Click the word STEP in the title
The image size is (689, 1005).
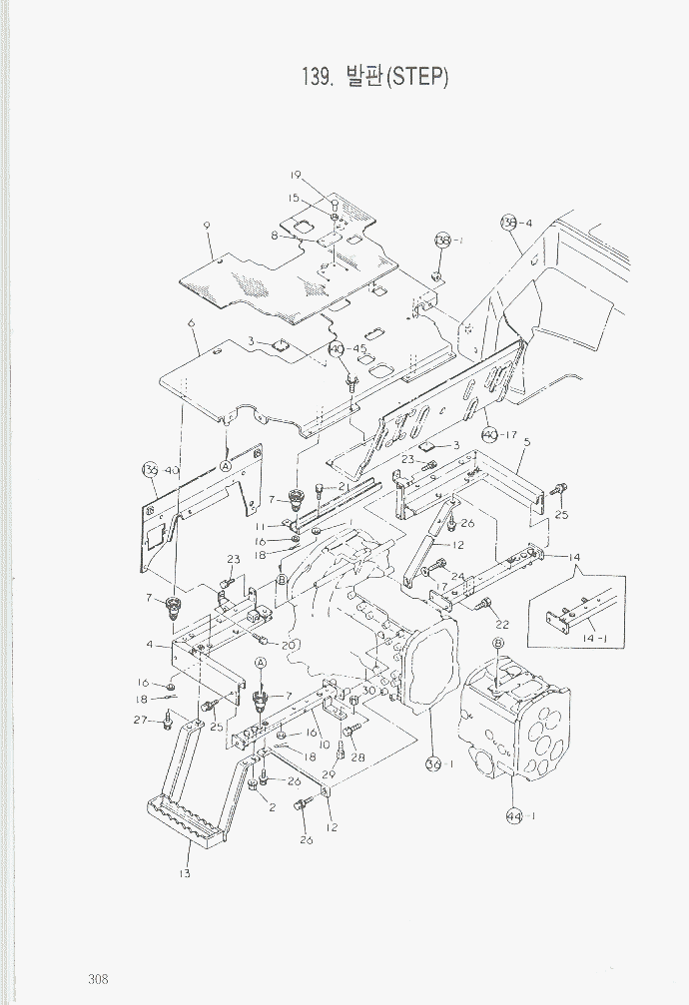click(414, 77)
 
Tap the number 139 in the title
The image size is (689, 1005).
click(317, 77)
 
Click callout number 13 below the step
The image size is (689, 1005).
click(185, 874)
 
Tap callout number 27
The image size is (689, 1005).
click(140, 719)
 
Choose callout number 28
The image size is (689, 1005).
click(357, 756)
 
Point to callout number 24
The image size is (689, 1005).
click(457, 577)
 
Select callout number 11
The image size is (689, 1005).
click(260, 526)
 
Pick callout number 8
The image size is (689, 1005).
click(274, 236)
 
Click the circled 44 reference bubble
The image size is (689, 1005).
click(513, 815)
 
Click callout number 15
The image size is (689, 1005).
click(295, 199)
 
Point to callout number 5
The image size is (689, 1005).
click(526, 441)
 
